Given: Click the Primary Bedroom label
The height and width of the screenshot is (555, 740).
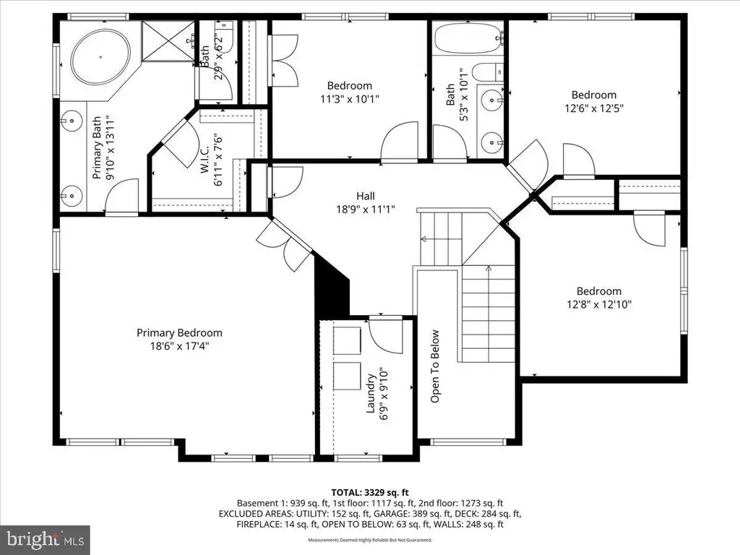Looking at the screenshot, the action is pyautogui.click(x=179, y=332).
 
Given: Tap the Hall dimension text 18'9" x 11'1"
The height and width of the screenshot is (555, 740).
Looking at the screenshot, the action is pyautogui.click(x=366, y=209).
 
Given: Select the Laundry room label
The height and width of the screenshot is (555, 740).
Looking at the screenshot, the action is pyautogui.click(x=371, y=393).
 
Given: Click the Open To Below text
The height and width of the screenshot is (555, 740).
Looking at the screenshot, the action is pyautogui.click(x=434, y=366).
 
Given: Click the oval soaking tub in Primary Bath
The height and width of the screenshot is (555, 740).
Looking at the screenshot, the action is pyautogui.click(x=100, y=56).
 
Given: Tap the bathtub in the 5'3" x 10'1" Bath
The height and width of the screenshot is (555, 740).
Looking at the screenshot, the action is pyautogui.click(x=468, y=38).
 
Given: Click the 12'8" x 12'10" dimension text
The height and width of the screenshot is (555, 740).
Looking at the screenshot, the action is pyautogui.click(x=599, y=304).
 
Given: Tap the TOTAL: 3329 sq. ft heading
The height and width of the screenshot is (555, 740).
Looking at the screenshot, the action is pyautogui.click(x=370, y=493).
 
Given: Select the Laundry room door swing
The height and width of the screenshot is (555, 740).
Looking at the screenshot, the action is pyautogui.click(x=386, y=336).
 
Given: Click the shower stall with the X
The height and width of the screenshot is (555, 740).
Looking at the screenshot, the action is pyautogui.click(x=168, y=40).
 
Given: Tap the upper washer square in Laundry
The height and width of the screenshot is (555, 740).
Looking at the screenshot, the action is pyautogui.click(x=347, y=340).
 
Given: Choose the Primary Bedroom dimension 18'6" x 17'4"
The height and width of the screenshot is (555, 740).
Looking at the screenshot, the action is pyautogui.click(x=179, y=346).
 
